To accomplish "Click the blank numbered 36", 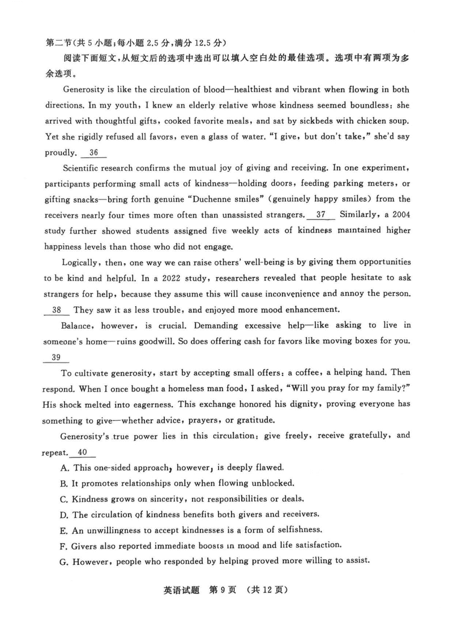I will pyautogui.click(x=94, y=153).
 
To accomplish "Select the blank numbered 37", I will pyautogui.click(x=321, y=215).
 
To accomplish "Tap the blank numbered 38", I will pyautogui.click(x=57, y=310).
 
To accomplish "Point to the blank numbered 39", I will pyautogui.click(x=56, y=357).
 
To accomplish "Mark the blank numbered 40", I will pyautogui.click(x=83, y=452).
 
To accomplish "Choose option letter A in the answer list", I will pyautogui.click(x=63, y=468).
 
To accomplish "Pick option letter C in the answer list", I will pyautogui.click(x=63, y=499).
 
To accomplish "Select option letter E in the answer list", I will pyautogui.click(x=63, y=530).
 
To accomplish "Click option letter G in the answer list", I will pyautogui.click(x=63, y=561).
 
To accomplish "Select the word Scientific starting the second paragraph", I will pyautogui.click(x=84, y=168).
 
